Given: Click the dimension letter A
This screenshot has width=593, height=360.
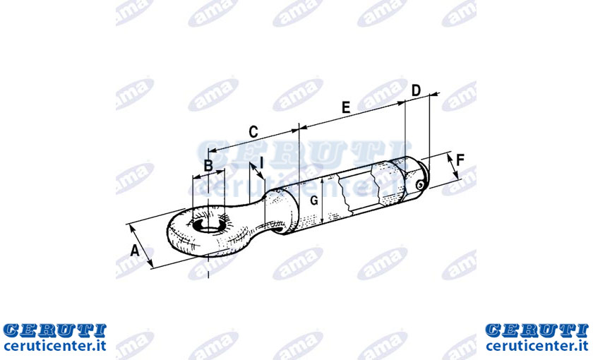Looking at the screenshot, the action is click(x=135, y=251).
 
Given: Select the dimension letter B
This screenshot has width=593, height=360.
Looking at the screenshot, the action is click(x=208, y=166).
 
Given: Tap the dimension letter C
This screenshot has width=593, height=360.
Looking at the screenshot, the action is click(x=253, y=132).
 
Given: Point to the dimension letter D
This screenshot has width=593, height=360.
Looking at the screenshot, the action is click(x=416, y=90).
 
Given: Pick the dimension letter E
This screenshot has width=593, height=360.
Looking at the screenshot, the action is click(x=346, y=107).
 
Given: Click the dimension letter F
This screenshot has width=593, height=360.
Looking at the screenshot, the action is click(x=460, y=160).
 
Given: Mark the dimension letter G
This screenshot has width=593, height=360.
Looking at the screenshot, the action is click(x=314, y=200).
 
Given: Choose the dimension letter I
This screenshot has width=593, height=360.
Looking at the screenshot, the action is click(x=261, y=162).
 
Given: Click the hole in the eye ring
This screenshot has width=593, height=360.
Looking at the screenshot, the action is click(x=208, y=226).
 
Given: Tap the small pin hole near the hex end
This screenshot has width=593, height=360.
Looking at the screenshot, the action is click(x=419, y=185).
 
